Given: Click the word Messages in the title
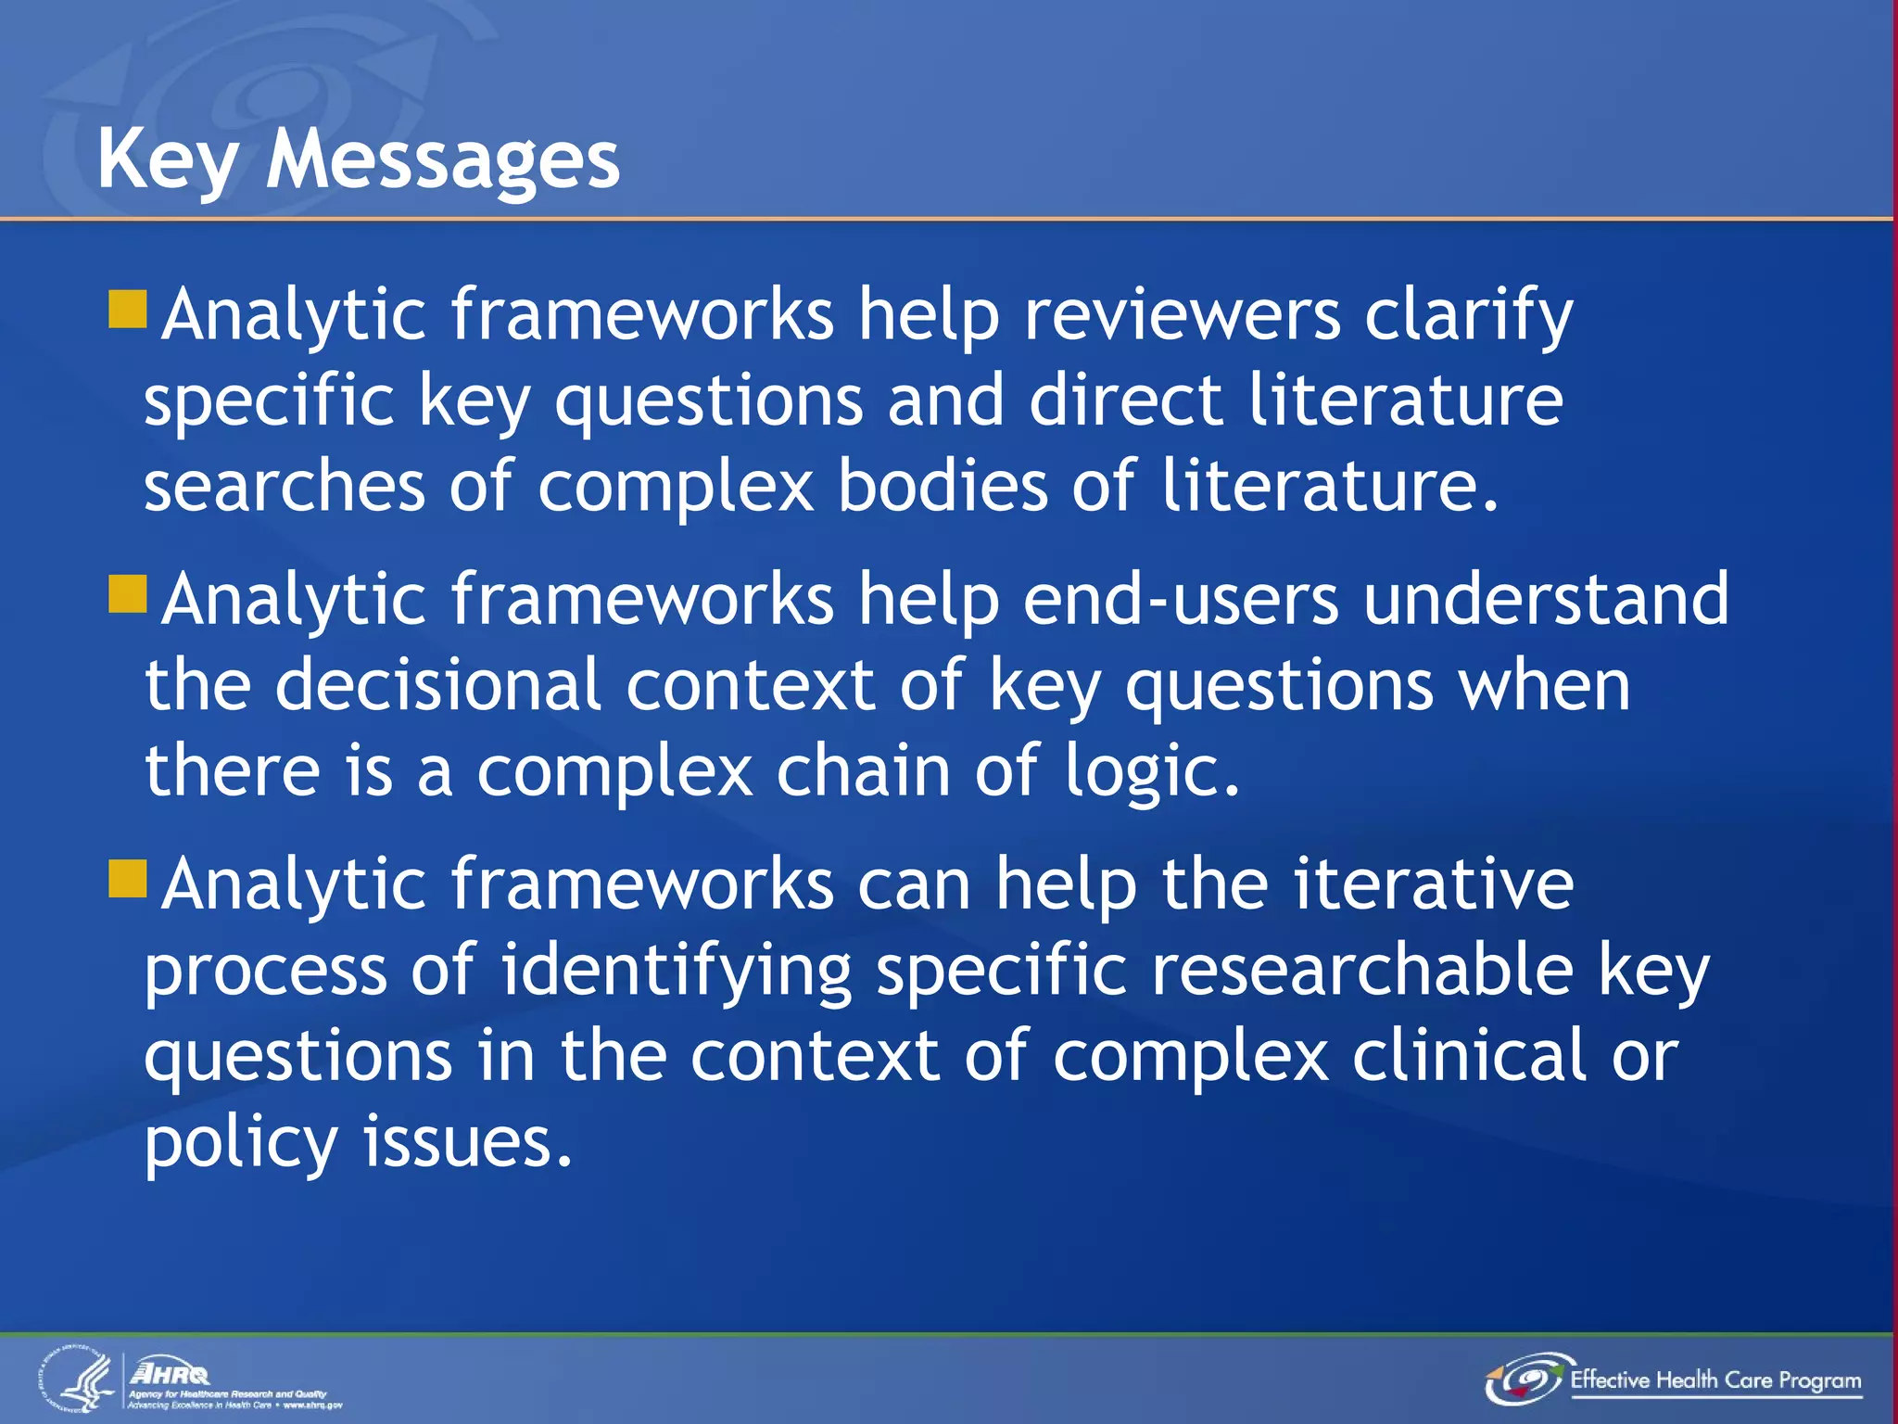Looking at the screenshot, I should click(443, 159).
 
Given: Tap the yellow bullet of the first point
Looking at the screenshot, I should click(128, 310).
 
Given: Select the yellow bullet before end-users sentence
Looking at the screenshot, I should click(128, 594).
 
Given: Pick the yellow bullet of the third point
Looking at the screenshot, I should click(128, 879).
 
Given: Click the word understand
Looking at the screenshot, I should click(1546, 600).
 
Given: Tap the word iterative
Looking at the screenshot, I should click(1433, 884).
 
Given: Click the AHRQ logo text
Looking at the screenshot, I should click(171, 1372).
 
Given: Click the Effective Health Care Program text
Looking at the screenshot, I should click(1715, 1380).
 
